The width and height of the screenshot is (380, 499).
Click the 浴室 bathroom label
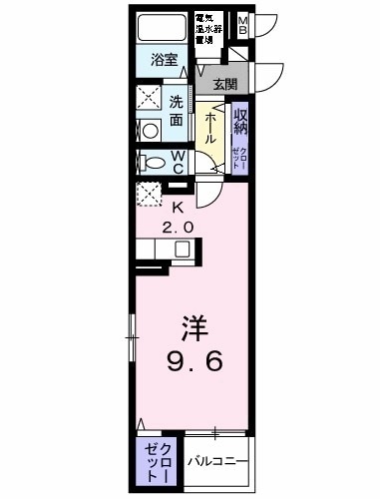tap(165, 60)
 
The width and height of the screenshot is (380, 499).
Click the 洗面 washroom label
tap(176, 109)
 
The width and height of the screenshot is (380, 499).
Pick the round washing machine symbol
tap(150, 130)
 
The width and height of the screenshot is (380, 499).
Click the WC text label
tap(177, 162)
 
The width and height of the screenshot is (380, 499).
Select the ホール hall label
tap(211, 128)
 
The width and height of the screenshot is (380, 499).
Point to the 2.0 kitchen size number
tap(180, 227)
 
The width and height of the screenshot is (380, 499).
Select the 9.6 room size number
tap(192, 362)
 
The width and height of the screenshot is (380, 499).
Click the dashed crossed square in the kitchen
tap(151, 195)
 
